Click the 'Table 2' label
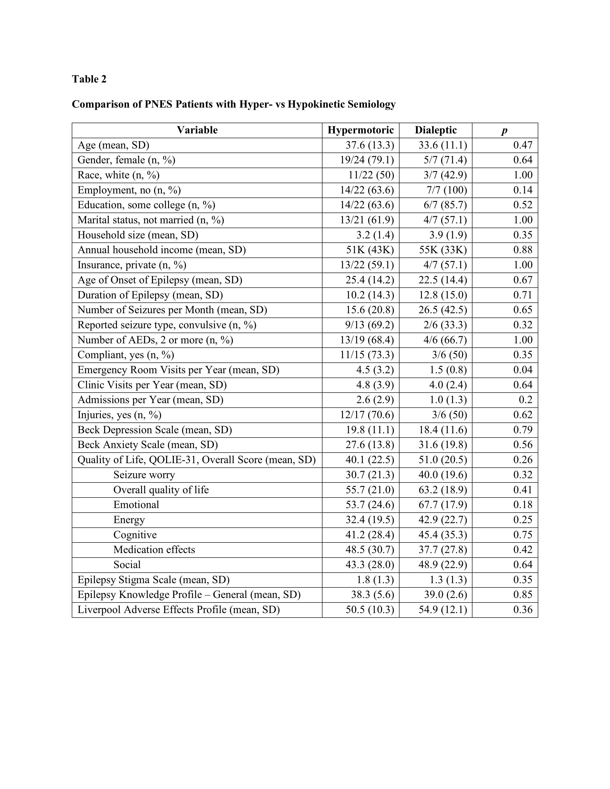click(x=89, y=79)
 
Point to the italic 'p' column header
click(x=505, y=131)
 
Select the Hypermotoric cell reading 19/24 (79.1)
click(x=367, y=160)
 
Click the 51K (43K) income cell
click(x=370, y=250)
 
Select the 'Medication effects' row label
click(x=154, y=549)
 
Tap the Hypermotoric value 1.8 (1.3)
click(x=375, y=580)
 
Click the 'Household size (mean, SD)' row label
click(x=138, y=235)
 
